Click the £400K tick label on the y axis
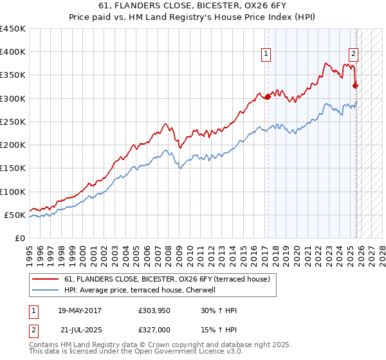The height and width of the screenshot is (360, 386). point(13,52)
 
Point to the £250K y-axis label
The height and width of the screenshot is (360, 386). point(13,122)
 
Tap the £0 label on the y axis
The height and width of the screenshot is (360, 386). point(20,238)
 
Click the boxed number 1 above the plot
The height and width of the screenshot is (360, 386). point(266,55)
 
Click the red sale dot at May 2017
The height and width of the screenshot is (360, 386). point(268,96)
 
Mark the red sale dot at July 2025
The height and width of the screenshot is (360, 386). point(356,85)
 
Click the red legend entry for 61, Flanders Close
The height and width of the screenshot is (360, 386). point(170,279)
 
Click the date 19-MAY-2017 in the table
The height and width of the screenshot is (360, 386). point(80,310)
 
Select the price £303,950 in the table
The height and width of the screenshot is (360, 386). point(154,310)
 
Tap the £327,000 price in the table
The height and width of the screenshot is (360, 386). point(154,329)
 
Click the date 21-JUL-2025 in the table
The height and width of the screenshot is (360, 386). point(80,329)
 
